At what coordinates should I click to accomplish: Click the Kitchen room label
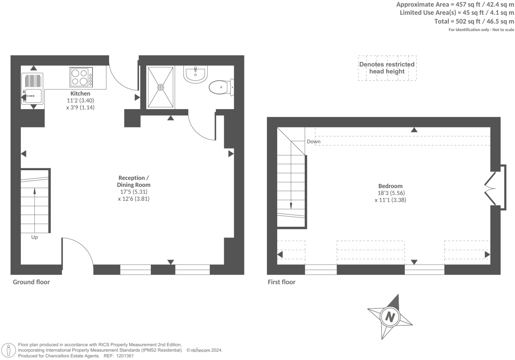tap(80, 94)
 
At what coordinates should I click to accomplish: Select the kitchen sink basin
tap(33, 96)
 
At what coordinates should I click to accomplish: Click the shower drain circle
tap(161, 87)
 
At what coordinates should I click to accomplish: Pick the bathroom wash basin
tap(195, 74)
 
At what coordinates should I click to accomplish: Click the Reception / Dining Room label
tap(134, 181)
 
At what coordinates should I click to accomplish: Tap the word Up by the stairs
tap(34, 237)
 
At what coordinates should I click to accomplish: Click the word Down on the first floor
tap(313, 142)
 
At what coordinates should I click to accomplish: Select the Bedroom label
tap(390, 186)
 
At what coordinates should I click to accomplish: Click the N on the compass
tap(390, 317)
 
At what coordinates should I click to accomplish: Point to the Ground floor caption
tap(31, 282)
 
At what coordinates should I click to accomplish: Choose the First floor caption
tap(281, 282)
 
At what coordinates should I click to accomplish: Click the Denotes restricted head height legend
tap(387, 68)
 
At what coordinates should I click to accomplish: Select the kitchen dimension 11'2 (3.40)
tap(80, 101)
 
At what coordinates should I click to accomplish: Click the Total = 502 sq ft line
tap(474, 21)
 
